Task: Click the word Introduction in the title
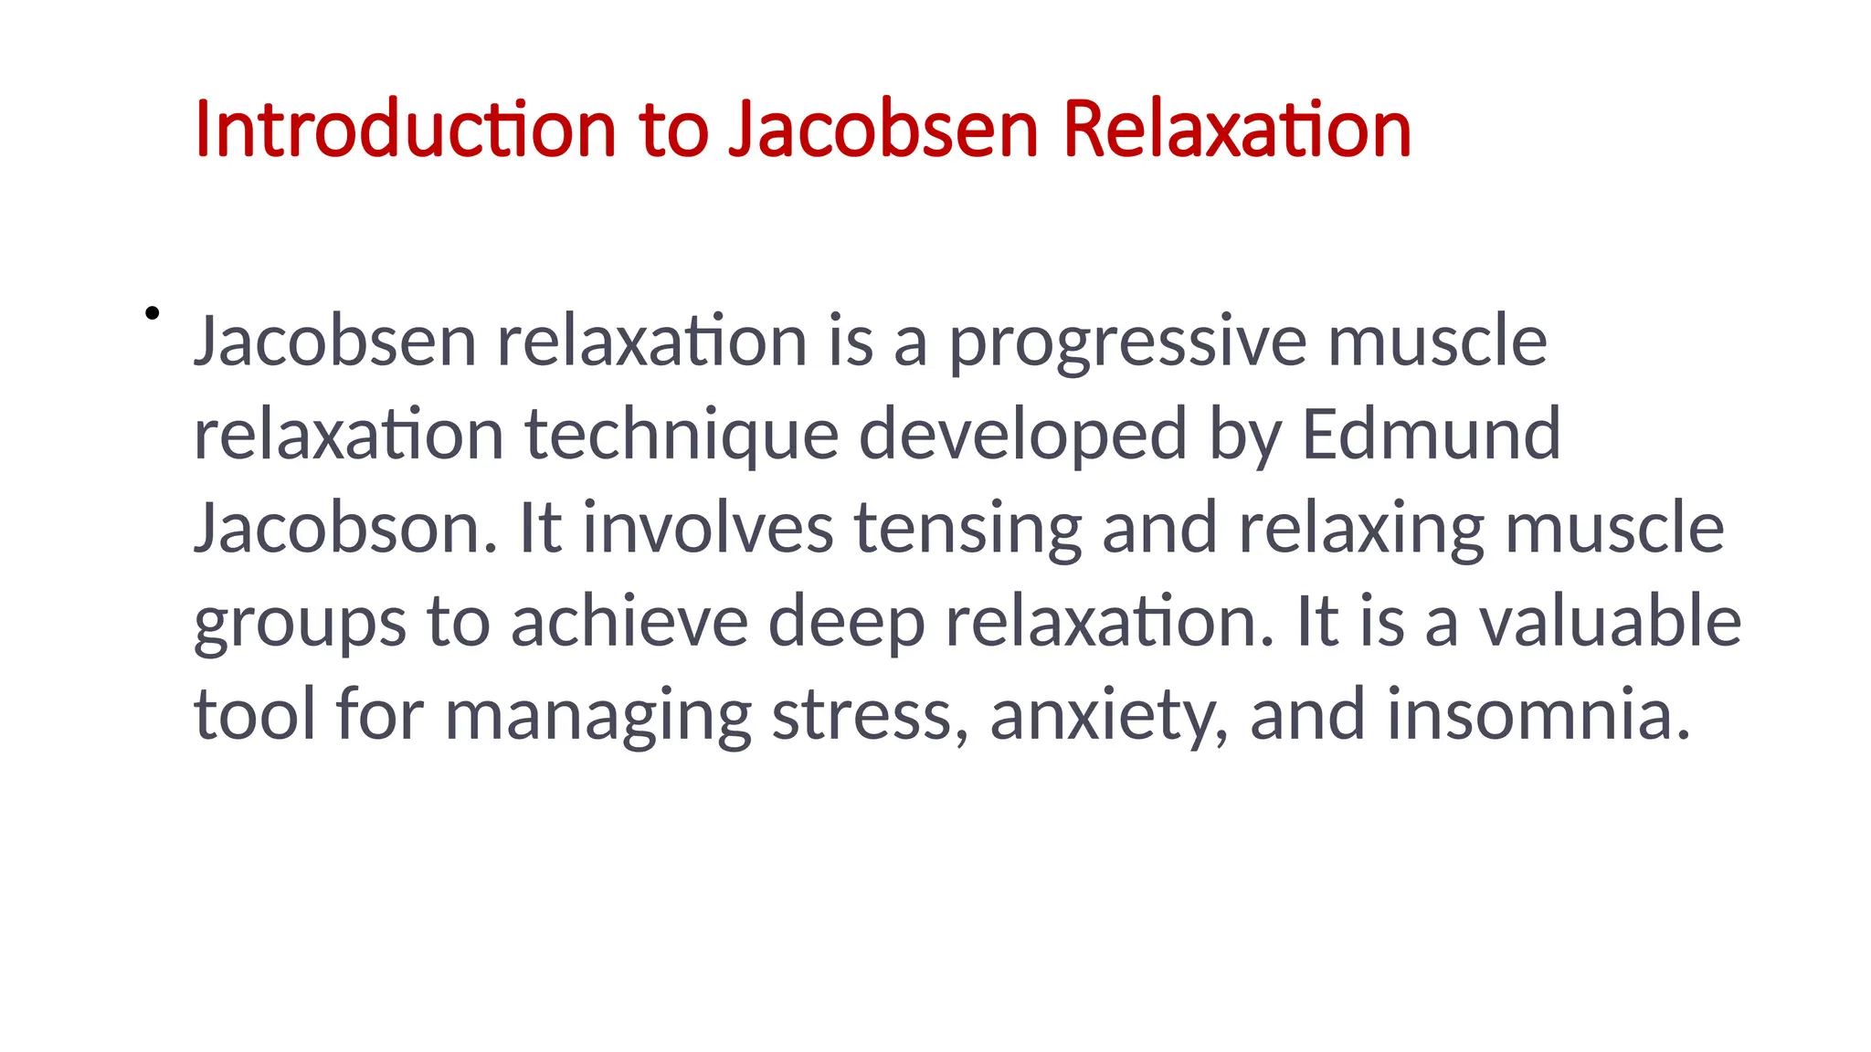coord(406,130)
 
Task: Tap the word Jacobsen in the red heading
coord(883,130)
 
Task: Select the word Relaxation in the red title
coord(1237,130)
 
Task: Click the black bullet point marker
coord(153,313)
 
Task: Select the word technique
coord(682,437)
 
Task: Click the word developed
coord(1022,437)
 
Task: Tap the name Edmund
coord(1431,435)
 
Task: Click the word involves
coord(708,529)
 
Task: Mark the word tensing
coord(967,531)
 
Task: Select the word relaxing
coord(1361,531)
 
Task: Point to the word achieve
coord(629,622)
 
